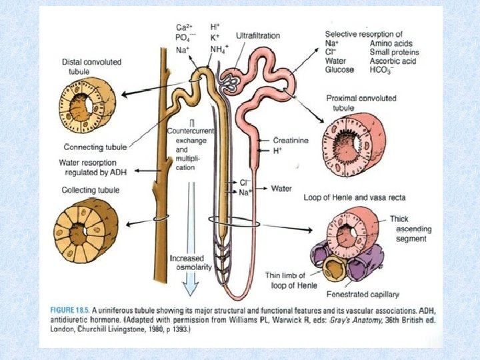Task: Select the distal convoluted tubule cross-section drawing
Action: point(86,106)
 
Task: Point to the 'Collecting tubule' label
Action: point(89,190)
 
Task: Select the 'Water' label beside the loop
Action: point(281,189)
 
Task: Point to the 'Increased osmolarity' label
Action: point(190,262)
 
